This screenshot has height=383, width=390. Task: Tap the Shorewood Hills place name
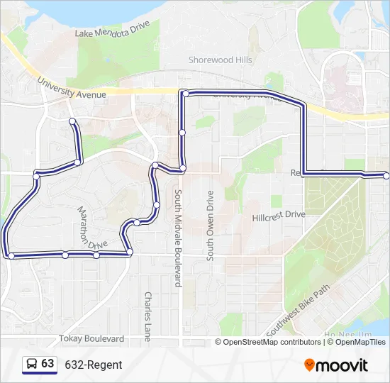(221, 60)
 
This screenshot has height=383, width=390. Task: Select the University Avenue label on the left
(72, 89)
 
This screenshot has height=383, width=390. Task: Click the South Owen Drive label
(210, 226)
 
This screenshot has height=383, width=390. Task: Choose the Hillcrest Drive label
(279, 215)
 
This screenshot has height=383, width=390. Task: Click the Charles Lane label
(147, 316)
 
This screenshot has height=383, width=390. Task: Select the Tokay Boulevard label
(92, 339)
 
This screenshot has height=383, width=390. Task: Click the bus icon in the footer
(32, 365)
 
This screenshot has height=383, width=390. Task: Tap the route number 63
(48, 364)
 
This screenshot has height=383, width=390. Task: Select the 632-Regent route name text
(94, 365)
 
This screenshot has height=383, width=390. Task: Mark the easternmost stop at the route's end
(386, 175)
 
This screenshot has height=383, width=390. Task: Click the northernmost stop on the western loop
(72, 122)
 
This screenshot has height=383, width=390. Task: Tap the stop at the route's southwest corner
(11, 255)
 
